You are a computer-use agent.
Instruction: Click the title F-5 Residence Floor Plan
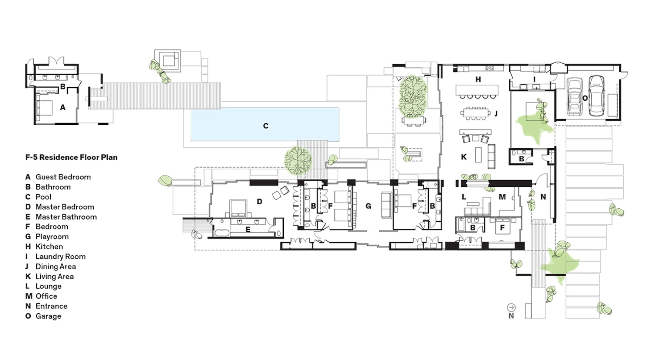coord(71,157)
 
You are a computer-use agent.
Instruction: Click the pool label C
coord(266,126)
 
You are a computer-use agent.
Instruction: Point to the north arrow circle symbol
coord(511,307)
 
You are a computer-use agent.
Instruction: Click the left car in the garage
coord(574,97)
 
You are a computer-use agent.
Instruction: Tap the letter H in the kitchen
coord(478,79)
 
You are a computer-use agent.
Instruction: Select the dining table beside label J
coord(476,113)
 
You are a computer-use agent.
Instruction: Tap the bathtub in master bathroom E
coord(222,233)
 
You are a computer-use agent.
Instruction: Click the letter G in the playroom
coord(368,206)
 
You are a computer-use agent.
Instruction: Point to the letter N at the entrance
coord(543,197)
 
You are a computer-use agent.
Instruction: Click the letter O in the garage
coord(585,98)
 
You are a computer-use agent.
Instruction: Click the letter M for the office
coord(502,197)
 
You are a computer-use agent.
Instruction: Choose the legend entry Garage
coord(48,316)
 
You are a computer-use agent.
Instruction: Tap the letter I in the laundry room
coord(534,79)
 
